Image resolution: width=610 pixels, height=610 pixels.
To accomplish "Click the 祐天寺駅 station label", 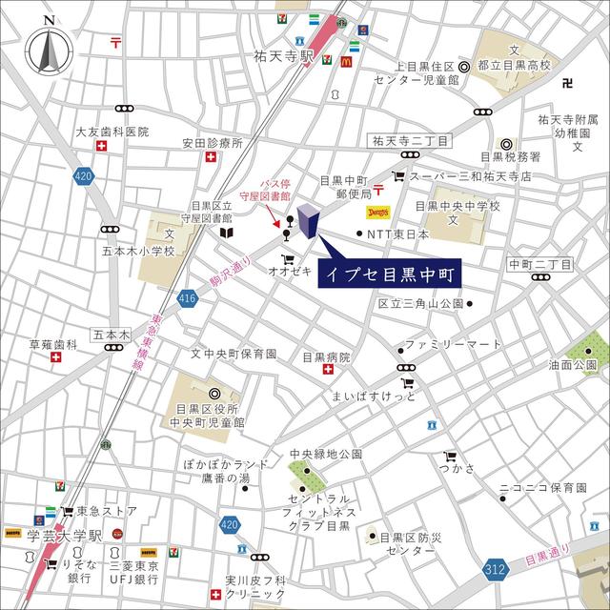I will tap(277, 57).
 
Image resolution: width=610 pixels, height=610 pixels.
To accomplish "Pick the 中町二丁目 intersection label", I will tap(539, 263).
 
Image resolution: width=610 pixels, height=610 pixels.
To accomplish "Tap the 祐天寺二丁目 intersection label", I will tap(412, 140).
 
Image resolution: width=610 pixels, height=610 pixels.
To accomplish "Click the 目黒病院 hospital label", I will tap(327, 358).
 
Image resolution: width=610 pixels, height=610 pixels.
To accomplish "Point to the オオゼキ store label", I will tap(291, 271).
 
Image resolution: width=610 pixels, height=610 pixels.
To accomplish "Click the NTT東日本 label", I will tap(398, 234).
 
